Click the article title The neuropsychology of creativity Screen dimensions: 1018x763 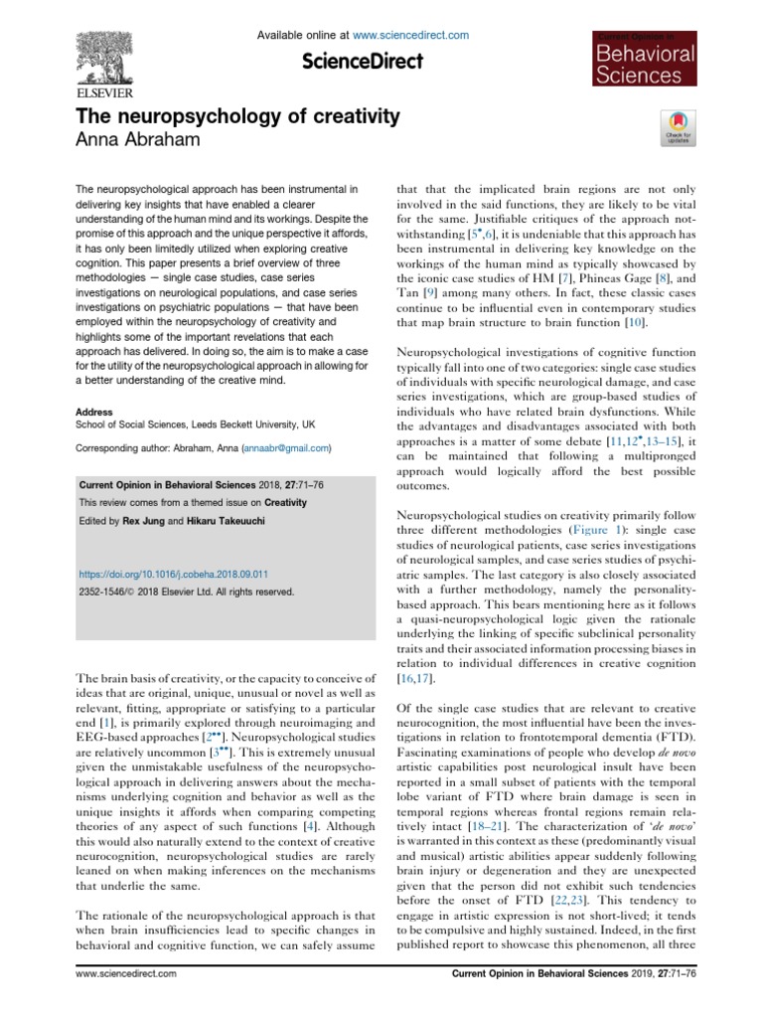tap(238, 116)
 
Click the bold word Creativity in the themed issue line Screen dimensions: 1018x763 tap(285, 503)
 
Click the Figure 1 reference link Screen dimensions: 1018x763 tap(580, 531)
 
